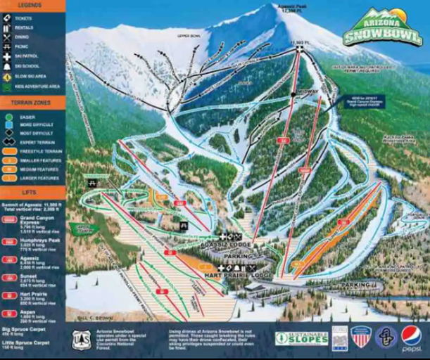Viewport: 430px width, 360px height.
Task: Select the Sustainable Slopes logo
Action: click(301, 338)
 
